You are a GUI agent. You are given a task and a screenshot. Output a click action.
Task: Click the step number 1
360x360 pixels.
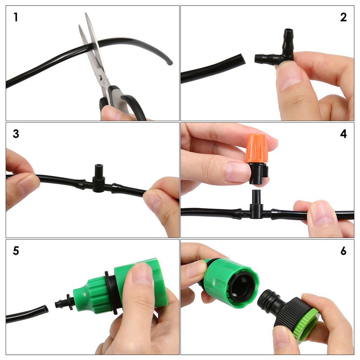[x=15, y=17]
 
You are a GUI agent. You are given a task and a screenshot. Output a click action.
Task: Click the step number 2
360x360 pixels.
[x=343, y=17]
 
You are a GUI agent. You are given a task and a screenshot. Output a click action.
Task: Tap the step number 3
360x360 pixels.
[x=16, y=134]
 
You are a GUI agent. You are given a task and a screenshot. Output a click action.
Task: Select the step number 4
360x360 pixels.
[x=343, y=134]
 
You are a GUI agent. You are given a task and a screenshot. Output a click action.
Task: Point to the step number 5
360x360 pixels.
[x=16, y=251]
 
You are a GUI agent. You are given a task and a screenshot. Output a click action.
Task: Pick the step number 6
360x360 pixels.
[x=343, y=251]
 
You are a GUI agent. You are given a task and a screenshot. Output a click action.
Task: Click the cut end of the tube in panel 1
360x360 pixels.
[x=170, y=63]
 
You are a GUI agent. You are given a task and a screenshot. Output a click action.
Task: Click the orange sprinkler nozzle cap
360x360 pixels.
[x=256, y=148]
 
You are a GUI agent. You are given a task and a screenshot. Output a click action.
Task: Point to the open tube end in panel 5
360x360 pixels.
[x=45, y=309]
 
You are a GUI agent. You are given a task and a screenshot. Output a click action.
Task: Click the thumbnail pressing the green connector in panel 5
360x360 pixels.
[x=142, y=274]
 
